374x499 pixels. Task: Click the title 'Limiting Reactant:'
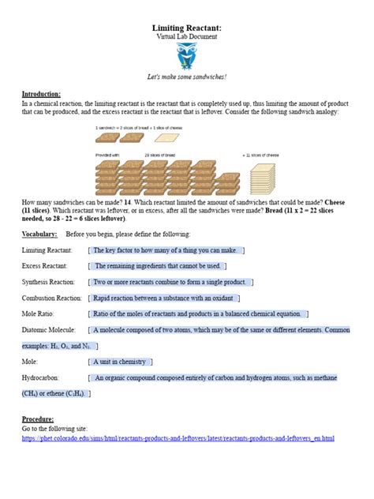coord(186,28)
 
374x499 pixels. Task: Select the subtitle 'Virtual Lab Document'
coord(186,36)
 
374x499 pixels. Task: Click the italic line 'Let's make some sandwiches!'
coord(186,77)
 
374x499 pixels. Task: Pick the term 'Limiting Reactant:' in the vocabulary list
coord(47,250)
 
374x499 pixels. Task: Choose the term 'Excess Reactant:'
coord(45,266)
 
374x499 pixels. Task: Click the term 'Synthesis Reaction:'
coord(48,282)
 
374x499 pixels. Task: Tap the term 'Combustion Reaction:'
coord(51,298)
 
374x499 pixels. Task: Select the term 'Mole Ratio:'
coord(38,313)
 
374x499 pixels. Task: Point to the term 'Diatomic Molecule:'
coord(48,329)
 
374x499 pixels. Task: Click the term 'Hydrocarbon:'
coord(40,377)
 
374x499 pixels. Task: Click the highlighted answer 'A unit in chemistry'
coord(120,362)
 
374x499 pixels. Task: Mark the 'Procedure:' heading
coord(38,418)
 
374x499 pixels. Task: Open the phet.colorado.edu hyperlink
coord(178,437)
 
